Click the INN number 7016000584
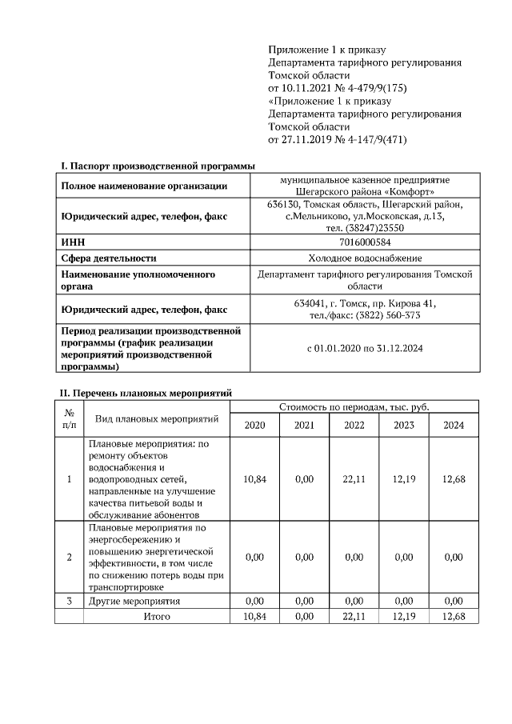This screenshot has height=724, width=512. (x=365, y=242)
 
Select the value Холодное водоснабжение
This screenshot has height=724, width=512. (x=365, y=258)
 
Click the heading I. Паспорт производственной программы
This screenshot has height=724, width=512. (x=158, y=166)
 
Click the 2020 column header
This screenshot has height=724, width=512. (x=254, y=425)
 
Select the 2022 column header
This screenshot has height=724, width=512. (x=354, y=425)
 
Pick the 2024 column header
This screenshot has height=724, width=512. (x=454, y=425)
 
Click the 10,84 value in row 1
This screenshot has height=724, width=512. (x=254, y=478)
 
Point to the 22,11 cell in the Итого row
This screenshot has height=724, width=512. (x=354, y=616)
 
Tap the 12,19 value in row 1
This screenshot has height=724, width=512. (x=403, y=478)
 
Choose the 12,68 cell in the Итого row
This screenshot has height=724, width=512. (x=454, y=616)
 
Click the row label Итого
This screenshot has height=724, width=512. (x=157, y=616)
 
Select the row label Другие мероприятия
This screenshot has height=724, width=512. (x=134, y=601)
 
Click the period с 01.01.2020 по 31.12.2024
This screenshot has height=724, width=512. (x=365, y=349)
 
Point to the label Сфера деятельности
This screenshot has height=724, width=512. (x=109, y=258)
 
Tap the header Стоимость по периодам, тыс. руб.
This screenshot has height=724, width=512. (x=354, y=407)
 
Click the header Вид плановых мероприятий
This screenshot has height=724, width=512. (x=157, y=418)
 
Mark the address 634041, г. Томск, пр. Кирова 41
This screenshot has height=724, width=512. (x=365, y=303)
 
